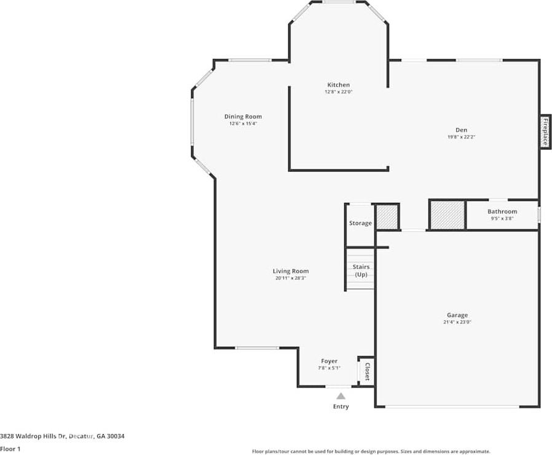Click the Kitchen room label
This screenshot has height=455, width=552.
[338, 85]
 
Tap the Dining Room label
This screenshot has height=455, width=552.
[243, 117]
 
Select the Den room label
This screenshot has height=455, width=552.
[461, 130]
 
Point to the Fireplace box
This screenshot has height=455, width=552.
[545, 132]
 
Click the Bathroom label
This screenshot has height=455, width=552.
[502, 212]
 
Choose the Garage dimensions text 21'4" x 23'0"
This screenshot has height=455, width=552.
[457, 322]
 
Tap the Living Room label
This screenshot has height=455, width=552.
[290, 271]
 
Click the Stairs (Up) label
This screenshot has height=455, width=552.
[361, 271]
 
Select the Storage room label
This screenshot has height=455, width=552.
[360, 223]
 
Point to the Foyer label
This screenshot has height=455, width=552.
[329, 361]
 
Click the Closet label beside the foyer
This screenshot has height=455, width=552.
[367, 372]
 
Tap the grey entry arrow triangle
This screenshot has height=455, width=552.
[341, 396]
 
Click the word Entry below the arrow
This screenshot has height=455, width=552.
[341, 406]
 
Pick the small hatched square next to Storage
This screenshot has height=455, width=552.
[387, 216]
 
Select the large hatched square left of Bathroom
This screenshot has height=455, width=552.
[448, 215]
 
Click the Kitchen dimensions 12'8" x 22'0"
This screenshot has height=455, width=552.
[338, 92]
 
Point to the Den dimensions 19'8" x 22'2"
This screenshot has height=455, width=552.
[461, 136]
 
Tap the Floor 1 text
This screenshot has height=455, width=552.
[10, 449]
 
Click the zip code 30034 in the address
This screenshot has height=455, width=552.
[116, 436]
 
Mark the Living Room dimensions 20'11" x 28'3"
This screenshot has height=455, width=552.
[290, 278]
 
